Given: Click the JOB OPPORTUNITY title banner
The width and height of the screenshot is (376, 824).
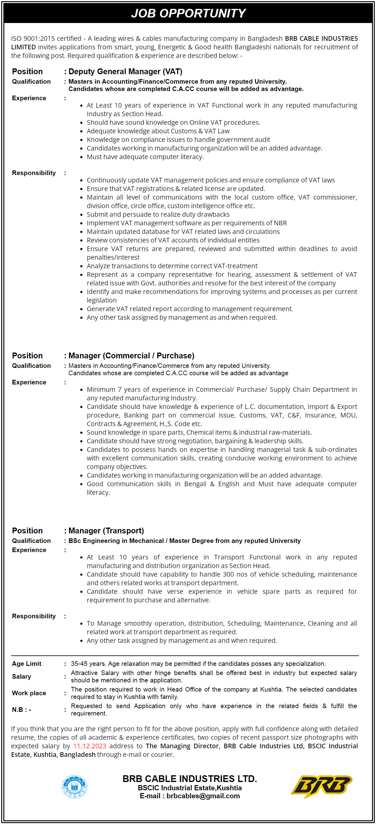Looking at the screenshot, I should click(x=188, y=13).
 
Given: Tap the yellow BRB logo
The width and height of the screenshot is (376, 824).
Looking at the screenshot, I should click(x=321, y=786).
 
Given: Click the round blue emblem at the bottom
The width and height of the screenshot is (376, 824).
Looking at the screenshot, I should click(x=74, y=787).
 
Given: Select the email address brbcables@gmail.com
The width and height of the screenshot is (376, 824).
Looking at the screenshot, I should click(x=203, y=796).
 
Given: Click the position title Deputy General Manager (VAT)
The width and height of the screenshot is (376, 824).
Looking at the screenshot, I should click(x=125, y=72).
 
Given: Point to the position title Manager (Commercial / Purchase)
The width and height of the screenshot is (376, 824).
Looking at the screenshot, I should click(x=131, y=356).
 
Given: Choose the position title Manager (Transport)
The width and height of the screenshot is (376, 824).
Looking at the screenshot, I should click(x=106, y=531).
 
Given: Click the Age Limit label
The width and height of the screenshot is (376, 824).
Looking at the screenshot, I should click(x=27, y=664).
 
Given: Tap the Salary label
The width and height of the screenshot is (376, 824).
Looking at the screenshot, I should click(x=21, y=677).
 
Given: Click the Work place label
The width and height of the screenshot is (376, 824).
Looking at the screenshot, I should click(x=29, y=693).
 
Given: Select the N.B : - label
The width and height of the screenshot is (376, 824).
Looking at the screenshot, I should click(x=21, y=710).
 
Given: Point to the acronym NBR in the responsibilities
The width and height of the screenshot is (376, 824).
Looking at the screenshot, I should click(x=280, y=223).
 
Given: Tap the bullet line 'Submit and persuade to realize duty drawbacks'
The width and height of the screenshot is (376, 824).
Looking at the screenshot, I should click(x=158, y=214).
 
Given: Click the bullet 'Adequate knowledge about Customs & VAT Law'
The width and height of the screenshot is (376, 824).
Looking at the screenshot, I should click(x=158, y=131).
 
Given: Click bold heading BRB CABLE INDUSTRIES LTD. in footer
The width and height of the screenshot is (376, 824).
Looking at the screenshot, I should click(x=190, y=779).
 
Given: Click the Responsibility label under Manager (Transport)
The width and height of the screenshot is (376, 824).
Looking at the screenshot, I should click(x=34, y=616).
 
